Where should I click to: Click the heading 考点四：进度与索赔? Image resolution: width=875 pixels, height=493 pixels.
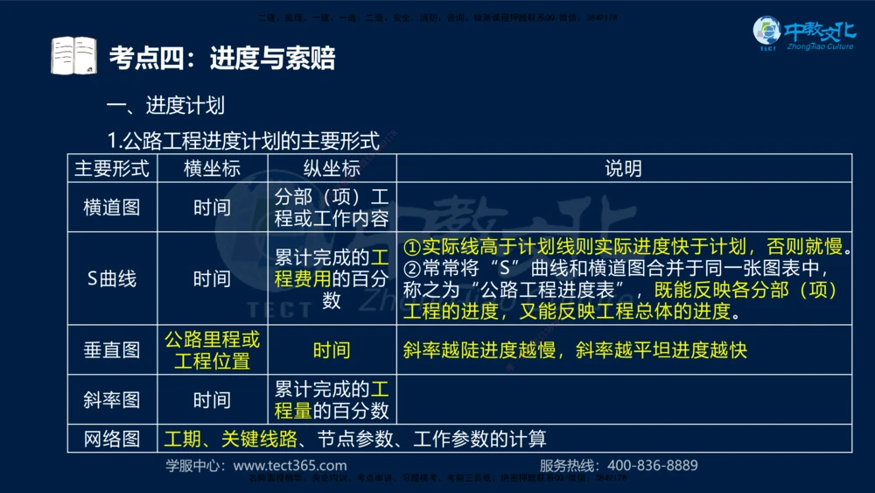[x=221, y=58]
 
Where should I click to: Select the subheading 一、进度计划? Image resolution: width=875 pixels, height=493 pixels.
[x=164, y=106]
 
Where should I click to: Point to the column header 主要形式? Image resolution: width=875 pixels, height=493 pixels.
[x=111, y=168]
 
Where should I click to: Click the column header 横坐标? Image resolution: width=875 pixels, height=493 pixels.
[x=212, y=168]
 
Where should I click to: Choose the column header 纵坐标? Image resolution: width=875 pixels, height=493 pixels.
[x=332, y=168]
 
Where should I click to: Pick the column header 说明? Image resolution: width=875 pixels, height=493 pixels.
[x=623, y=168]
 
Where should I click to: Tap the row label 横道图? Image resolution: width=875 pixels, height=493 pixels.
[x=111, y=208]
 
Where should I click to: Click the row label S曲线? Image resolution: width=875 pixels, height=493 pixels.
[x=111, y=278]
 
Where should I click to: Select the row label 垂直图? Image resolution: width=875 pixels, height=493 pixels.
[x=111, y=350]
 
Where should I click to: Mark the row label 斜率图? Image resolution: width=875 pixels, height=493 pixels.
[x=111, y=400]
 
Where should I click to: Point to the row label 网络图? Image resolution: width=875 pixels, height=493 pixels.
[x=111, y=439]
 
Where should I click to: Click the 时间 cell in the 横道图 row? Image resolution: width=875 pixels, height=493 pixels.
[x=212, y=208]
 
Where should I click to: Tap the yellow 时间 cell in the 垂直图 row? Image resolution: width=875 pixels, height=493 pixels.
[x=332, y=350]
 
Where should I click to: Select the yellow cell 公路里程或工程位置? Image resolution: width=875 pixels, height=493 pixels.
[x=212, y=350]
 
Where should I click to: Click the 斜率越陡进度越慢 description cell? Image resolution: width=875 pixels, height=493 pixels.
[x=575, y=350]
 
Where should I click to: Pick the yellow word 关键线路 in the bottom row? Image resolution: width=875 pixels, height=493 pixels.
[x=259, y=439]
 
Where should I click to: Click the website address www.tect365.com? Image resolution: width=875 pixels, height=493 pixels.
[x=290, y=466]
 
